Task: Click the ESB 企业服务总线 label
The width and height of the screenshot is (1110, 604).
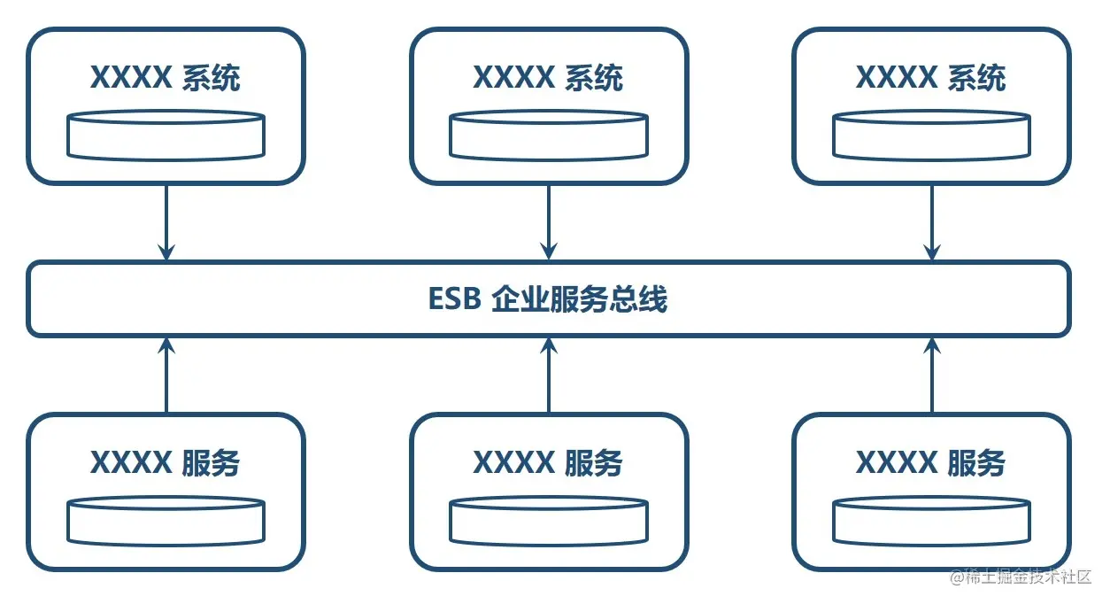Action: click(547, 299)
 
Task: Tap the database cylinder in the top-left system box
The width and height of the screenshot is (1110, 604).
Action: click(166, 136)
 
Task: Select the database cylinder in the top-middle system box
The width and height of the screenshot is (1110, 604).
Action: click(549, 136)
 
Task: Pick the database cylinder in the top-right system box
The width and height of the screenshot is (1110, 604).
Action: click(931, 136)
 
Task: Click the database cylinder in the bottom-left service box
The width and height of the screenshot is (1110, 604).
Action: click(166, 522)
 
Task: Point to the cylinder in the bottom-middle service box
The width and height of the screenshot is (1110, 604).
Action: click(549, 522)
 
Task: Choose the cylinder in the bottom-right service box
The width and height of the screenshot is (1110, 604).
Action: click(931, 522)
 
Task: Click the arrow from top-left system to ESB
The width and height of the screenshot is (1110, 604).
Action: click(166, 222)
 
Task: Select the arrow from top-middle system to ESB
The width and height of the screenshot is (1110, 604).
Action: click(549, 222)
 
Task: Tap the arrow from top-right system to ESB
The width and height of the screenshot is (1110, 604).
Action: click(931, 222)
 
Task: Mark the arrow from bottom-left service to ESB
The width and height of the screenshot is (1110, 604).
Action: click(166, 376)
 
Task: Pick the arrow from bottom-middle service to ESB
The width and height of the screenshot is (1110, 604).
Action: click(549, 376)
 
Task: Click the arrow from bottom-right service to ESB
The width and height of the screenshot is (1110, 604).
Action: click(931, 376)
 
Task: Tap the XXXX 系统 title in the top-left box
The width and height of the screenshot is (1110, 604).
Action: click(166, 78)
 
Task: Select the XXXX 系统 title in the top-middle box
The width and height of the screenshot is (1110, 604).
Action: click(548, 78)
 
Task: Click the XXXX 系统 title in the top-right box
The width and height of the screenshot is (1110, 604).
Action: click(930, 78)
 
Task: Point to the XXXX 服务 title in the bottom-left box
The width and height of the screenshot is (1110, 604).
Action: click(166, 462)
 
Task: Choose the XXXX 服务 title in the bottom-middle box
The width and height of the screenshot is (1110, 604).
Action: click(548, 462)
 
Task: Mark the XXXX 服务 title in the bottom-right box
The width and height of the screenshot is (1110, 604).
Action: click(930, 462)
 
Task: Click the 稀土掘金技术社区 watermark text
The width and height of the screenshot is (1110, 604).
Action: click(1028, 578)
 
